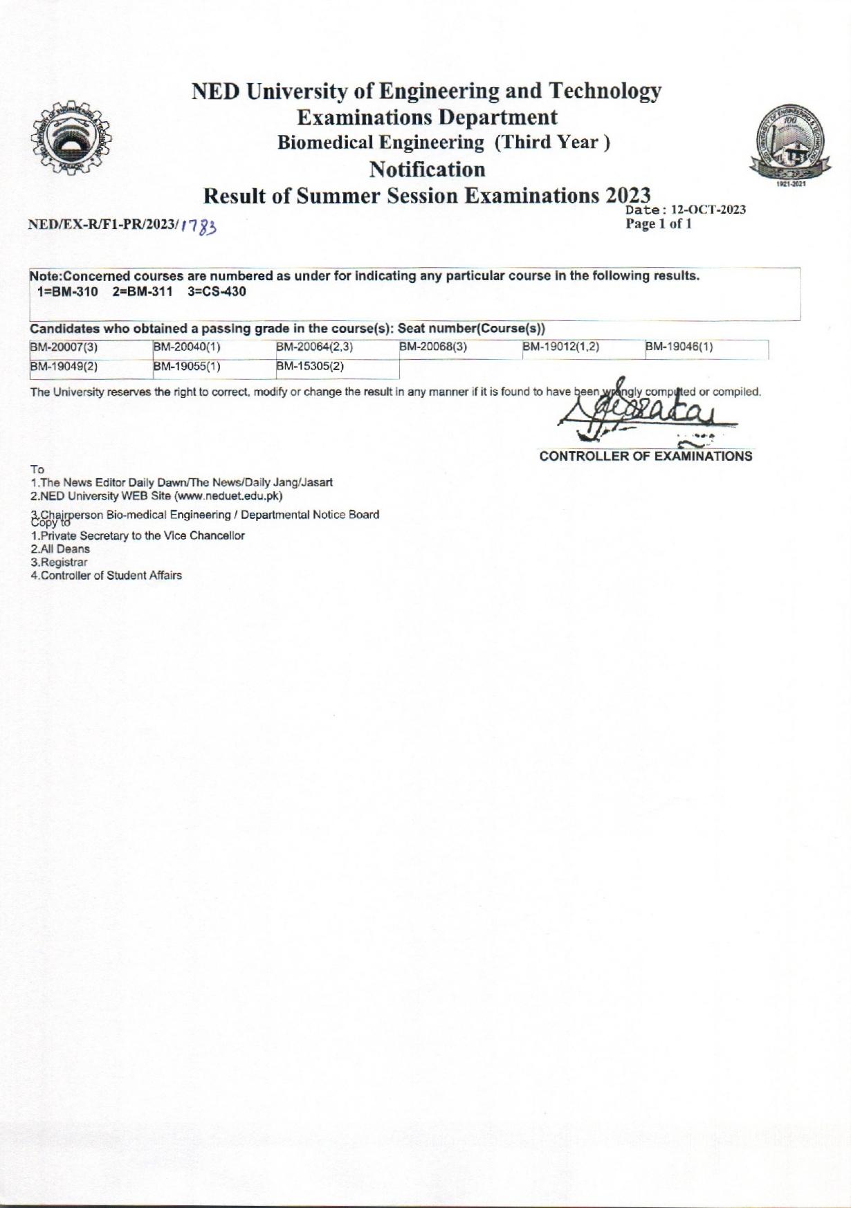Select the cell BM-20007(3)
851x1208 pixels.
64,348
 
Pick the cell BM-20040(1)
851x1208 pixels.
186,348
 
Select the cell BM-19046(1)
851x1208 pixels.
679,348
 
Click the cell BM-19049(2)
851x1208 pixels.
64,367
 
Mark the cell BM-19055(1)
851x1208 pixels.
186,367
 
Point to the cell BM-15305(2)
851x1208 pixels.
310,367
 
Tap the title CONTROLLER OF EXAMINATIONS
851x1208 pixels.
646,456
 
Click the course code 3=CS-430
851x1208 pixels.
217,292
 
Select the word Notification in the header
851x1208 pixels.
427,169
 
